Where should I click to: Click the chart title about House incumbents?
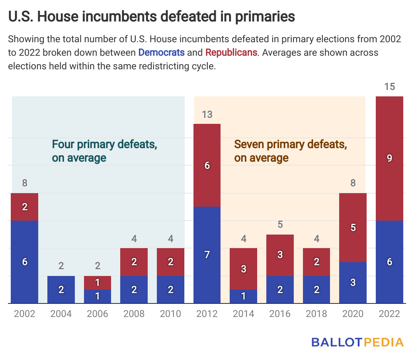151,16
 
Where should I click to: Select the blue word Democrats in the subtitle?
161,52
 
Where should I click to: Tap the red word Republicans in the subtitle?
231,52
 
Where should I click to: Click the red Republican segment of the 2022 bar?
389,158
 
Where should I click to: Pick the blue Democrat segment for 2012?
207,255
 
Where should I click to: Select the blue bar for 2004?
61,290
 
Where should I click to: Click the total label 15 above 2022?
390,86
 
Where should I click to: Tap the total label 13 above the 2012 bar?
207,115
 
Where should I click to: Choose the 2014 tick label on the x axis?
244,314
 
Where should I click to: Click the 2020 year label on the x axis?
353,314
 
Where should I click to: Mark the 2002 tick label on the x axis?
25,314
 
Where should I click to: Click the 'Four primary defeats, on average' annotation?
104,151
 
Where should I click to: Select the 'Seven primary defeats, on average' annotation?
290,151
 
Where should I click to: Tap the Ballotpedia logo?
357,342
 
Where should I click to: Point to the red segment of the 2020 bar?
353,227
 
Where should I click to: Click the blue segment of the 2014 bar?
244,296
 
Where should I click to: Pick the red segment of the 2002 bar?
25,207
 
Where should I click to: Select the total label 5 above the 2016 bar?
280,225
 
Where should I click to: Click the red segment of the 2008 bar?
134,262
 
